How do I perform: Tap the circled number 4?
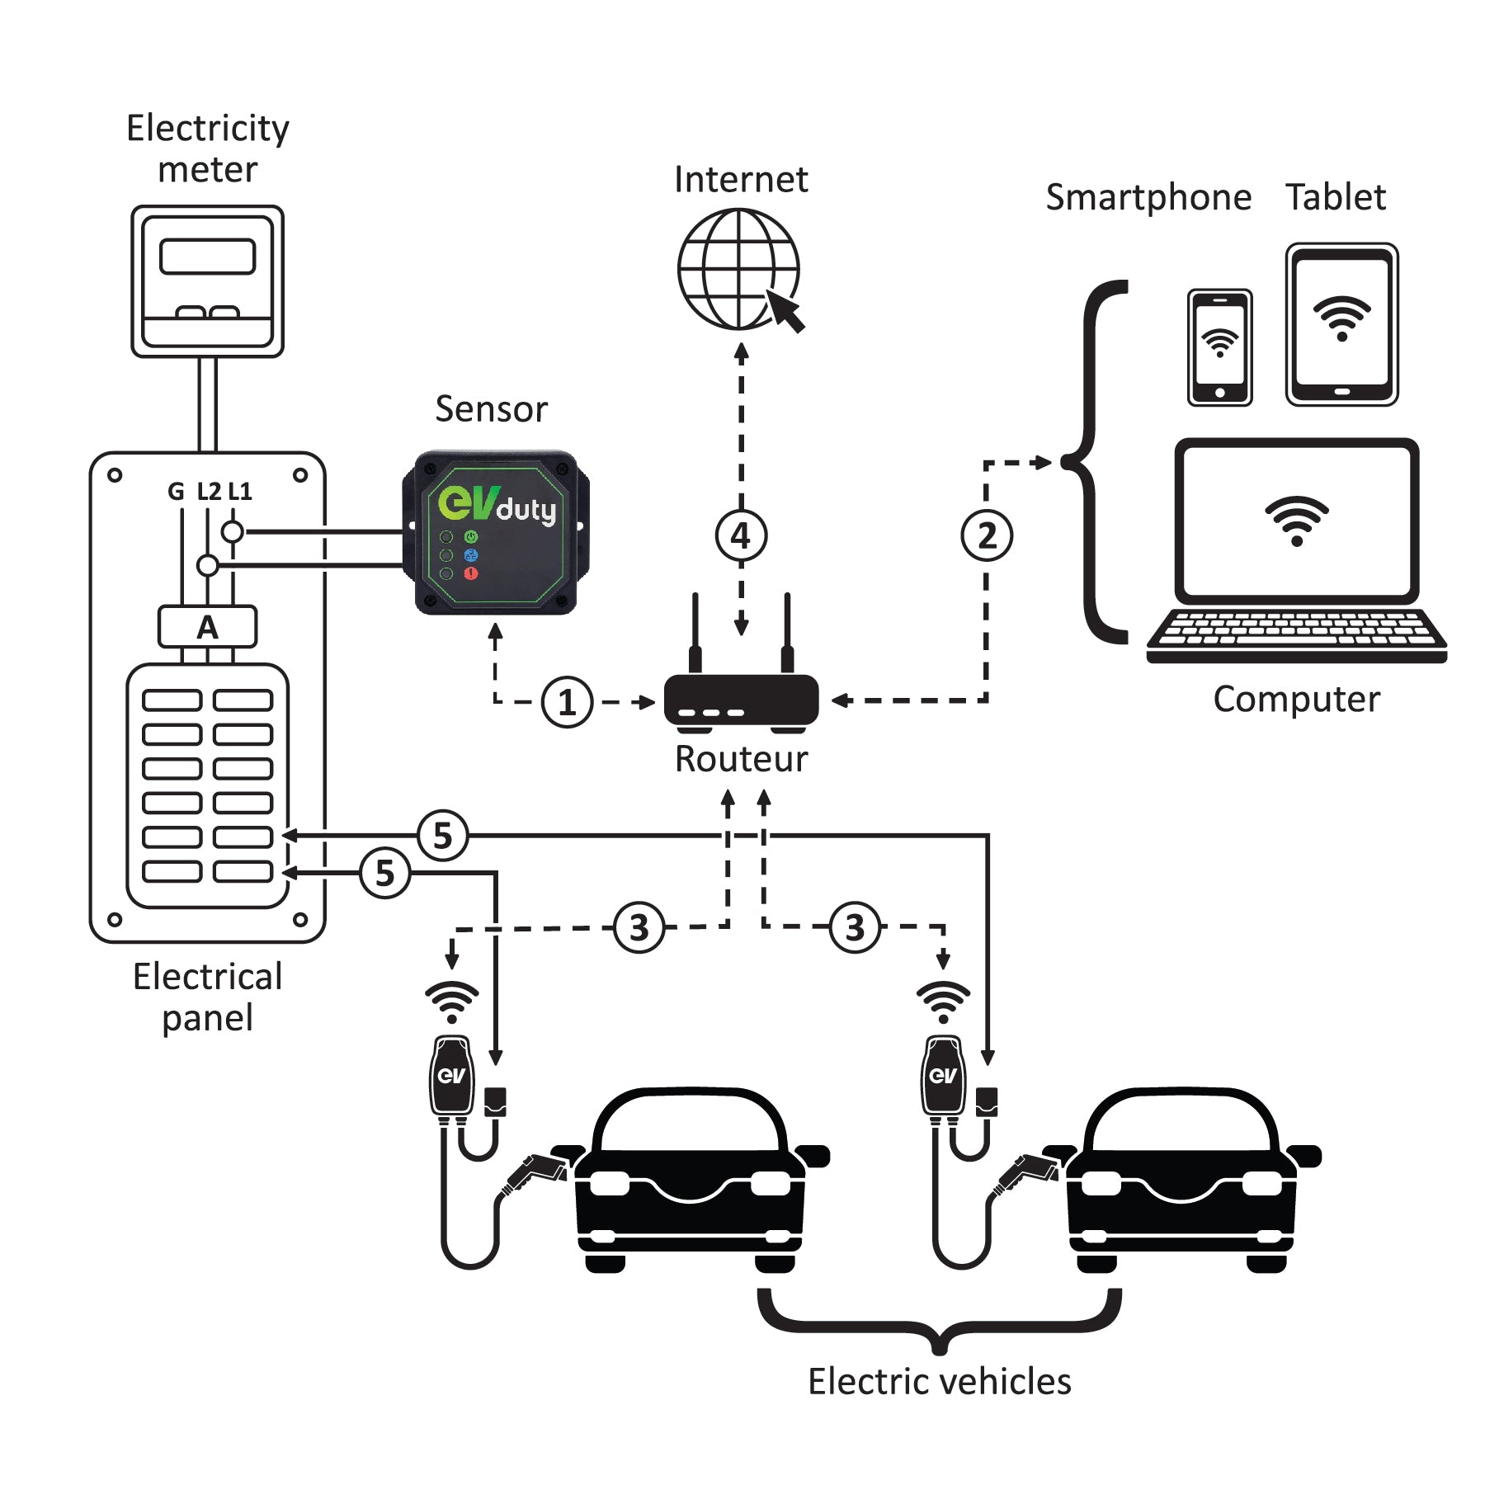click(741, 536)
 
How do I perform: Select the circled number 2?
click(987, 536)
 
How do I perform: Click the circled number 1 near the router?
click(567, 703)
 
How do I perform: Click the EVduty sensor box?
click(495, 532)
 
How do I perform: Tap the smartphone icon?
click(1219, 347)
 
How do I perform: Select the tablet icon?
click(1341, 324)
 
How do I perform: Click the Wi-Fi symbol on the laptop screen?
click(1296, 520)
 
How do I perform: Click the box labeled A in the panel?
click(207, 628)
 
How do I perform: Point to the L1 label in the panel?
click(240, 492)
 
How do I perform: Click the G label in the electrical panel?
click(176, 492)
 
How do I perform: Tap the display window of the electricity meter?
click(207, 257)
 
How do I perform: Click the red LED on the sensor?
click(471, 573)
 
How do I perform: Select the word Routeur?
click(741, 759)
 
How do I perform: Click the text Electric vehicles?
click(939, 1381)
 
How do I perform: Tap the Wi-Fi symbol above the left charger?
click(451, 1002)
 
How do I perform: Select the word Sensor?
click(491, 409)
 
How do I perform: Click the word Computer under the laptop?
click(1295, 700)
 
